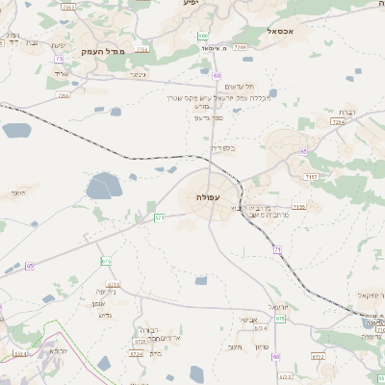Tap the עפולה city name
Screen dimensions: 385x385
(209, 197)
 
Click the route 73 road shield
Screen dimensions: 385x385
(59, 59)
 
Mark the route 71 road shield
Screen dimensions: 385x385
(276, 250)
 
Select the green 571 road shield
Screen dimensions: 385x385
(160, 218)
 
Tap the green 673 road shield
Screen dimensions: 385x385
(106, 261)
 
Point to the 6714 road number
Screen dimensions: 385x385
(114, 285)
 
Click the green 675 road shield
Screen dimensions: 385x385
(280, 319)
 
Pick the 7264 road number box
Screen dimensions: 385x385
(337, 122)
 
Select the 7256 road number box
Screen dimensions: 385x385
(64, 96)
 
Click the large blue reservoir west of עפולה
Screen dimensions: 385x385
(102, 185)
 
